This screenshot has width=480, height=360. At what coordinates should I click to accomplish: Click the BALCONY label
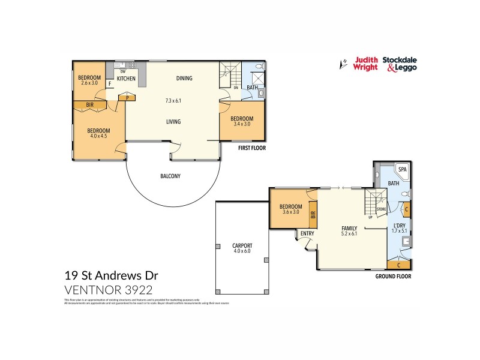(170, 176)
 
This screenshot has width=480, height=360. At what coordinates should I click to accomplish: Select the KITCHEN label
(126, 79)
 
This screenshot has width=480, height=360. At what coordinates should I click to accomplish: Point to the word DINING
(184, 78)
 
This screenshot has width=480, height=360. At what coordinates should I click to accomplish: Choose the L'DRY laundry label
(398, 225)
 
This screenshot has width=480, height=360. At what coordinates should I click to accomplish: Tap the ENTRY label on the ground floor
(307, 233)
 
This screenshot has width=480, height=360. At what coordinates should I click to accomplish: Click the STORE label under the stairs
(380, 209)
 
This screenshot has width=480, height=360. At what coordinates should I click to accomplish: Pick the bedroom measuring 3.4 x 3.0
(242, 121)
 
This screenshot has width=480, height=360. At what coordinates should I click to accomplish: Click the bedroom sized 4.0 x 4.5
(98, 133)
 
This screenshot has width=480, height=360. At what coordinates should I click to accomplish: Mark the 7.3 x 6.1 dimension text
(173, 101)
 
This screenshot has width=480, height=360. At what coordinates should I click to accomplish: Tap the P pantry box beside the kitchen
(127, 96)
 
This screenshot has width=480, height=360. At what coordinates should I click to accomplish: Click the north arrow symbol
(343, 63)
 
